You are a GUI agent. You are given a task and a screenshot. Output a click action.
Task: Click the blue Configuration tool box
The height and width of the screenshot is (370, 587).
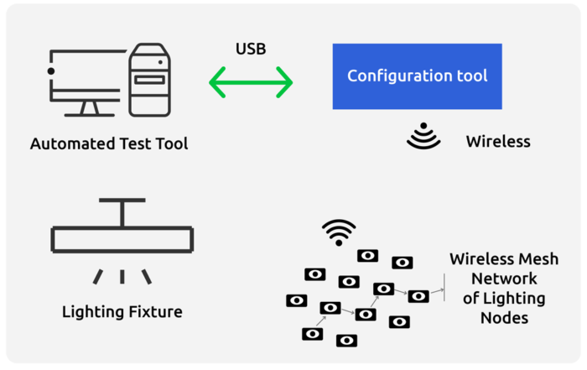click(417, 76)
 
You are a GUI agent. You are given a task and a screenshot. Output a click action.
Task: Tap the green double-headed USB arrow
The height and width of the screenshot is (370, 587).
click(251, 82)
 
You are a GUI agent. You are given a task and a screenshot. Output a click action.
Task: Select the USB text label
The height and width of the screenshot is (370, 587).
click(251, 49)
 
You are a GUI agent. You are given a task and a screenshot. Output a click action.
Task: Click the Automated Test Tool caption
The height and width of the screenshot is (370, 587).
click(109, 143)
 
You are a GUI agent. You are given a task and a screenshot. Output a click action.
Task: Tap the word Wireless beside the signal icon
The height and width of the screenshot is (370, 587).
click(498, 141)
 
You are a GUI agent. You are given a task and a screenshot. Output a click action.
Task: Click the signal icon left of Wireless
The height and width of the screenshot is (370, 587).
click(423, 138)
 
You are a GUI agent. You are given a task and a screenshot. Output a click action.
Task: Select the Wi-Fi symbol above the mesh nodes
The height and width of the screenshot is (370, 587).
click(339, 232)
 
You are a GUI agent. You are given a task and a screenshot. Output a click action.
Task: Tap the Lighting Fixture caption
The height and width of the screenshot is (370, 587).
click(122, 312)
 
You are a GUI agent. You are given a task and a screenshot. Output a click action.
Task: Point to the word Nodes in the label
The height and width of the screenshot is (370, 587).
click(504, 317)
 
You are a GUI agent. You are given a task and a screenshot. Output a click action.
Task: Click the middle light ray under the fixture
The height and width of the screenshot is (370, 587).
click(122, 276)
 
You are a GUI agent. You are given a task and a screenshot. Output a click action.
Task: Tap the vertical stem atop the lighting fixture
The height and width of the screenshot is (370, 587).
click(122, 214)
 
